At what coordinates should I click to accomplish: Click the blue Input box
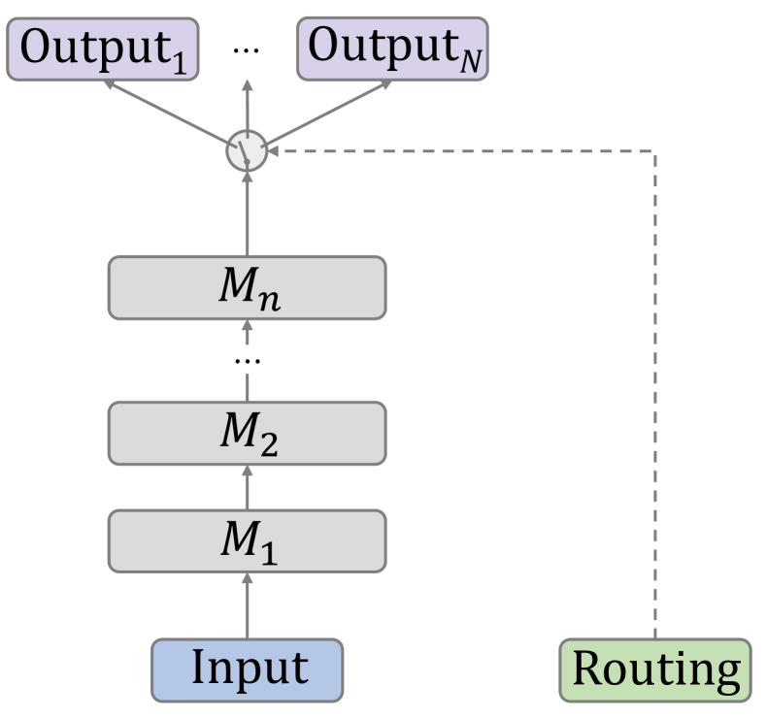[247, 669]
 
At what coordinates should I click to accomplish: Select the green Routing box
[655, 669]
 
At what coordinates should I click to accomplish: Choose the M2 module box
[247, 432]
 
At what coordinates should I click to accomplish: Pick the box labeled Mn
[247, 287]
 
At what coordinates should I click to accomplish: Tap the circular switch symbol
[247, 151]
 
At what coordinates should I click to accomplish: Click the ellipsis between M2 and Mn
[247, 359]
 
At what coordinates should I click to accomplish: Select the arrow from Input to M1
[247, 604]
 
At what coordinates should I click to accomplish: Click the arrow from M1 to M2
[247, 485]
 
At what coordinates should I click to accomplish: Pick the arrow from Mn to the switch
[247, 213]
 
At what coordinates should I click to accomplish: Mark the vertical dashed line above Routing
[655, 388]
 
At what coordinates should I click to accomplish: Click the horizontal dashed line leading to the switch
[466, 151]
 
